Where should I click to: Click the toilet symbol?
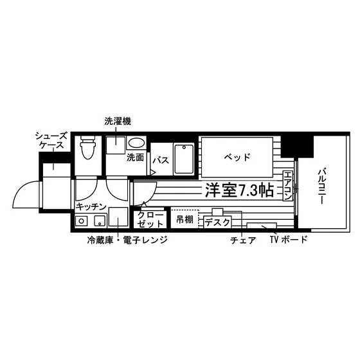(x=88, y=147)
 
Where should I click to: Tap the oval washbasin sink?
(x=136, y=143)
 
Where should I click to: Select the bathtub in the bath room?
(x=184, y=159)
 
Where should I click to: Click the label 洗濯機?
(x=118, y=122)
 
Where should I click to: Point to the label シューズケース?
(x=51, y=141)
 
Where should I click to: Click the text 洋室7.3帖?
(x=239, y=190)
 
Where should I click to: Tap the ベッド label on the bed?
(x=237, y=157)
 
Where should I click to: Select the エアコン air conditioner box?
(x=287, y=186)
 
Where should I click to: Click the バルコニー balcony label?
(x=322, y=186)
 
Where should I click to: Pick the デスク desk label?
(x=217, y=222)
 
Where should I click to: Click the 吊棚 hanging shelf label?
(x=185, y=219)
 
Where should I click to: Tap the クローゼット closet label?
(x=150, y=219)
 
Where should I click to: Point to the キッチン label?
(x=91, y=207)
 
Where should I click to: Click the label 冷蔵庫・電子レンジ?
(x=127, y=240)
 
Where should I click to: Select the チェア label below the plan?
(x=243, y=240)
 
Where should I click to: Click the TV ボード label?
(x=289, y=240)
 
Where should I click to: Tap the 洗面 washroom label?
(x=136, y=157)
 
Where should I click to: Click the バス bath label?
(x=161, y=160)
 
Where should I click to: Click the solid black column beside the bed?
(x=297, y=146)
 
